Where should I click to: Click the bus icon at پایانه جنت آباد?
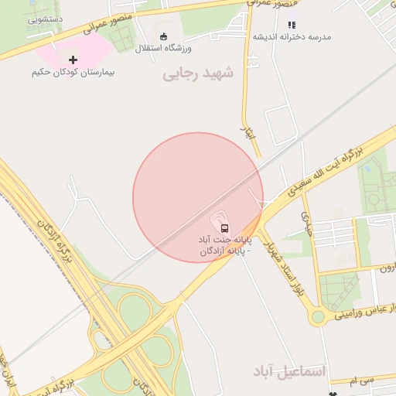point(224,228)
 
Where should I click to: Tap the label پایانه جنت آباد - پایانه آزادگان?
point(224,245)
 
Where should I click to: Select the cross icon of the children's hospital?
point(73,60)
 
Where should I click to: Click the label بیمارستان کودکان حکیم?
point(73,72)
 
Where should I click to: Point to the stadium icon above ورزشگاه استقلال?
point(163,36)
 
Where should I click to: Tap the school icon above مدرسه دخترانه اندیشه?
point(292,25)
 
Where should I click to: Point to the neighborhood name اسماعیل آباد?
point(290,372)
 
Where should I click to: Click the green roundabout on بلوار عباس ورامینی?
point(317,316)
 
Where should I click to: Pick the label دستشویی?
point(46,19)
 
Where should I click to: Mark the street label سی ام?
point(360,381)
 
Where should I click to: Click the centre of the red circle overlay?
point(198,198)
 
